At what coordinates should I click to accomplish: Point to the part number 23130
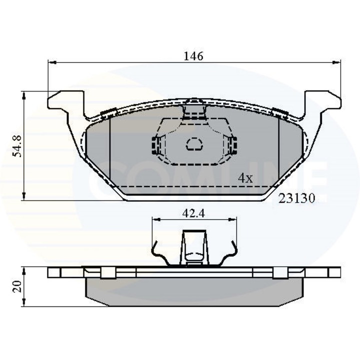coord(296,198)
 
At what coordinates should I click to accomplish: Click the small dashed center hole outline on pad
coord(193,145)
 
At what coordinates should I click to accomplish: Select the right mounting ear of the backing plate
coord(321,102)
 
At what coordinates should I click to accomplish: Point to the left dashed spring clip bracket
coord(156,144)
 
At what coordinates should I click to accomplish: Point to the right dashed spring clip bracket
coord(231,144)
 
